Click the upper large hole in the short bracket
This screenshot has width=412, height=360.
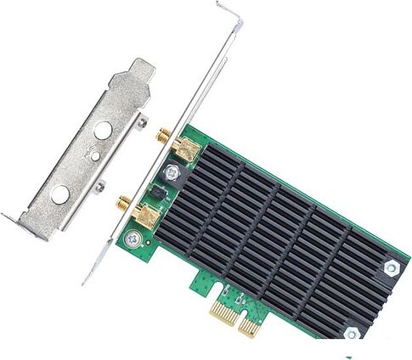pos(103,131)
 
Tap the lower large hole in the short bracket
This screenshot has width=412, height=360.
pos(60,194)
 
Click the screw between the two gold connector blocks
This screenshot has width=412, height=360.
pos(172,173)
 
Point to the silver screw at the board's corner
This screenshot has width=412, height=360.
pos(132,240)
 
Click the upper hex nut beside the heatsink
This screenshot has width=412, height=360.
pos(391,268)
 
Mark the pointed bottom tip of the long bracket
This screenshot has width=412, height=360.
pos(84,282)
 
